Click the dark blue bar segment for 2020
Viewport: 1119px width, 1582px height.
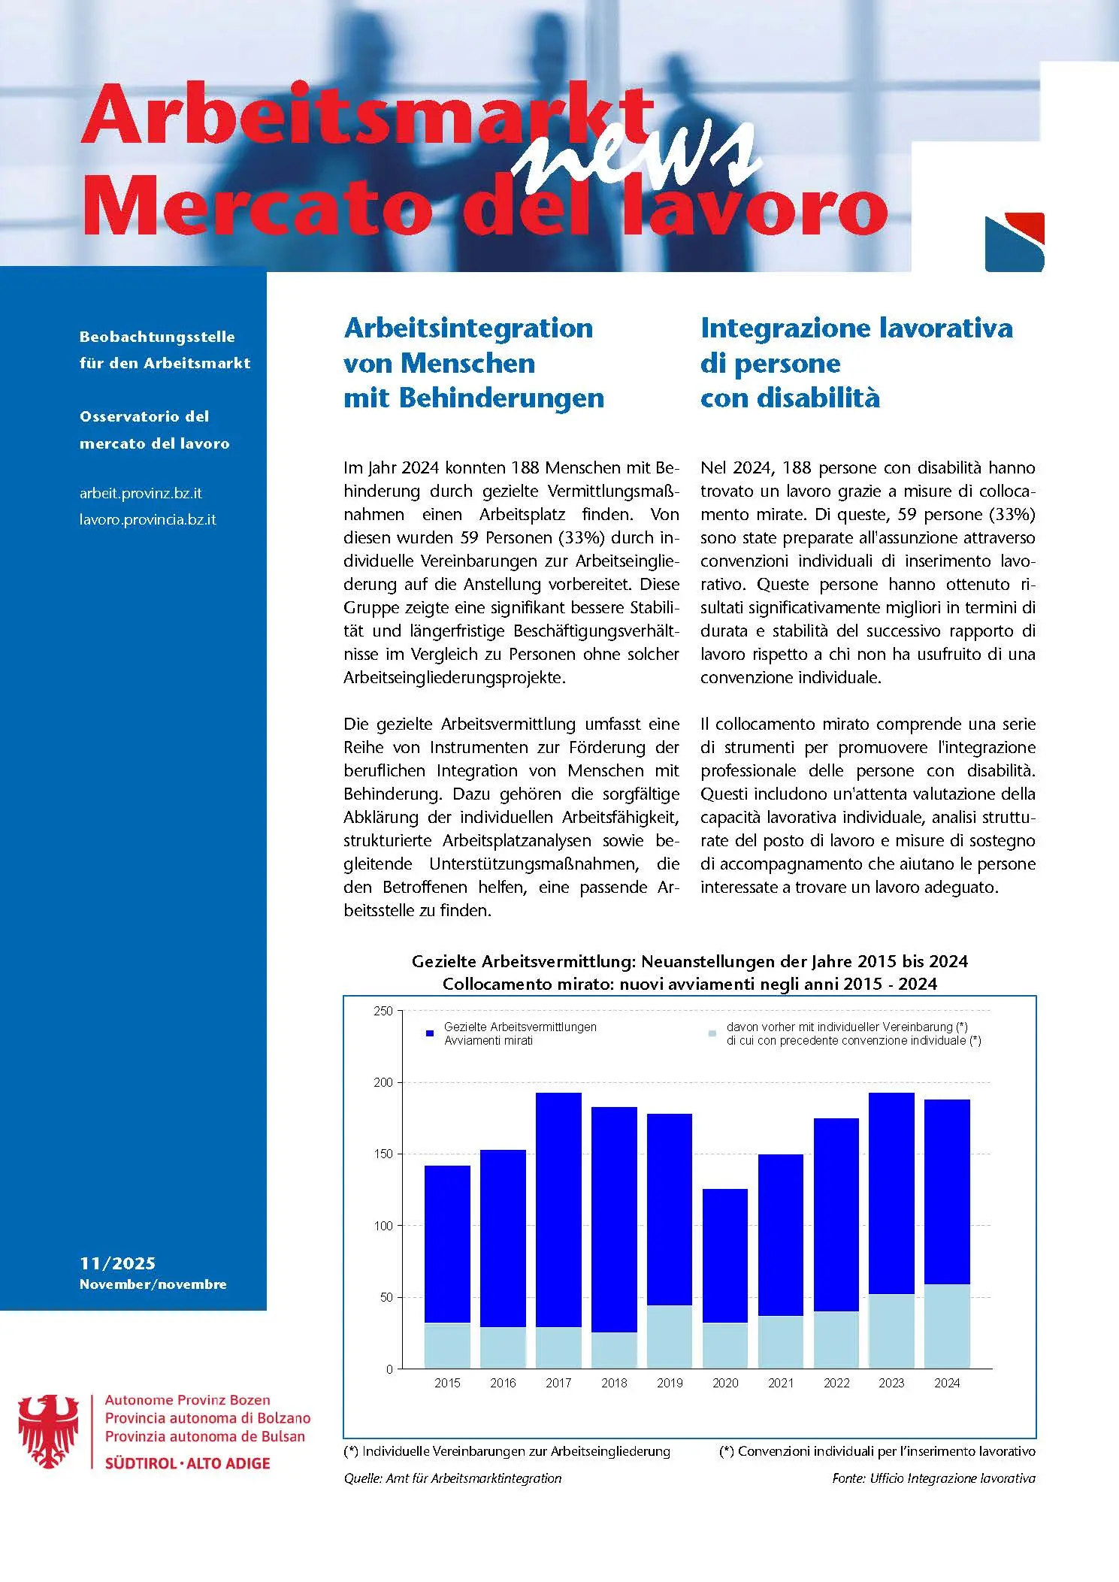pyautogui.click(x=725, y=1255)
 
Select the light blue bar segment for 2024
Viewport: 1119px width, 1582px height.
pyautogui.click(x=947, y=1326)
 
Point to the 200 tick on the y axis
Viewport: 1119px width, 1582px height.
pyautogui.click(x=383, y=1082)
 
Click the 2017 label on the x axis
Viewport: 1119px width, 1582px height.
pyautogui.click(x=558, y=1383)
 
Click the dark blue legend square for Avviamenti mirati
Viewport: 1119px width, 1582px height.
pyautogui.click(x=430, y=1033)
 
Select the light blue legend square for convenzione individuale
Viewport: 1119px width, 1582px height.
pyautogui.click(x=712, y=1033)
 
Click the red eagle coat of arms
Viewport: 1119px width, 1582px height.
pyautogui.click(x=49, y=1432)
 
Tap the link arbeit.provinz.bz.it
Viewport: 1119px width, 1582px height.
pyautogui.click(x=141, y=494)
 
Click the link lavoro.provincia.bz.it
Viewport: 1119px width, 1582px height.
pyautogui.click(x=148, y=519)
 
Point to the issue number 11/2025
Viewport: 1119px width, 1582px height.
pyautogui.click(x=117, y=1263)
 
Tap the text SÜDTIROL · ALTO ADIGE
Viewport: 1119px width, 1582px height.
pyautogui.click(x=187, y=1463)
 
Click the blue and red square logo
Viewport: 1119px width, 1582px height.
pyautogui.click(x=1015, y=242)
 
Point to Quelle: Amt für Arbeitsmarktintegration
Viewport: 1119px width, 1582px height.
pyautogui.click(x=452, y=1478)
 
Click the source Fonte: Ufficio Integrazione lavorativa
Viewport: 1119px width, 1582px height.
pyautogui.click(x=933, y=1478)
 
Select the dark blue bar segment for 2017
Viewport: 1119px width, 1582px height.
pyautogui.click(x=558, y=1210)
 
